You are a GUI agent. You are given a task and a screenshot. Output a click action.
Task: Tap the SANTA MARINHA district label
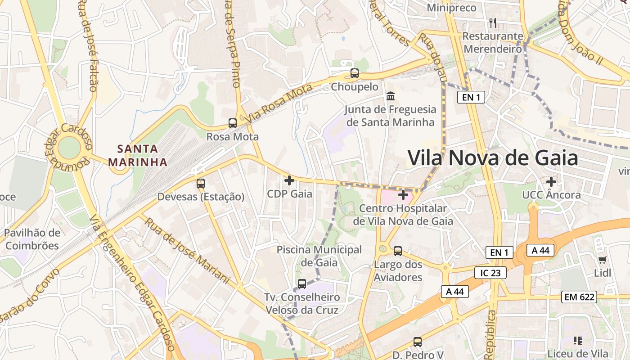pyautogui.click(x=138, y=155)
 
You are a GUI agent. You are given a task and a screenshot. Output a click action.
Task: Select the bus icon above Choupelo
pyautogui.click(x=355, y=73)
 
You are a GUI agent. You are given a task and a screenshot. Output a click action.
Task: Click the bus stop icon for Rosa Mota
pyautogui.click(x=233, y=123)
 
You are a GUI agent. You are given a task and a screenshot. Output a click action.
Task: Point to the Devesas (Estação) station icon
pyautogui.click(x=201, y=183)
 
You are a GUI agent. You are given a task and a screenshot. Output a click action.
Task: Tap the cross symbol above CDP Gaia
pyautogui.click(x=289, y=180)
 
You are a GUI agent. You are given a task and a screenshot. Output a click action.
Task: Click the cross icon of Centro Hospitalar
pyautogui.click(x=403, y=195)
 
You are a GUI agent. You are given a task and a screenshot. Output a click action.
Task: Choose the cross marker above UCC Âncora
pyautogui.click(x=551, y=182)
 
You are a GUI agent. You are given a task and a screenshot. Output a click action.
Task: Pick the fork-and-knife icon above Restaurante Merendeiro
pyautogui.click(x=493, y=22)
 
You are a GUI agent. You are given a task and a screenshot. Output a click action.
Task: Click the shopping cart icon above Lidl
pyautogui.click(x=603, y=260)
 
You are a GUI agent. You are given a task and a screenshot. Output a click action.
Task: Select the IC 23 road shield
pyautogui.click(x=490, y=272)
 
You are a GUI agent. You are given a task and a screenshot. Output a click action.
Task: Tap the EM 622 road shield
pyautogui.click(x=580, y=297)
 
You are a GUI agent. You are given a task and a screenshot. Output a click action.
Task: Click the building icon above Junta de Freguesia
pyautogui.click(x=391, y=96)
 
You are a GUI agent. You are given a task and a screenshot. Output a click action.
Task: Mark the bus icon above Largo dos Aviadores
pyautogui.click(x=398, y=251)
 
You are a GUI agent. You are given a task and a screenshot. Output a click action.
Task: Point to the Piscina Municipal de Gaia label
pyautogui.click(x=319, y=256)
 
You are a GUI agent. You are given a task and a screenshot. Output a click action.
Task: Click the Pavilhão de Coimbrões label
pyautogui.click(x=32, y=239)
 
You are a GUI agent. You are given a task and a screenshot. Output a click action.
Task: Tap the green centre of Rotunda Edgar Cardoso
pyautogui.click(x=69, y=148)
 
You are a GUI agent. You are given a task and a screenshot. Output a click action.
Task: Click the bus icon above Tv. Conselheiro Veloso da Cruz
pyautogui.click(x=302, y=284)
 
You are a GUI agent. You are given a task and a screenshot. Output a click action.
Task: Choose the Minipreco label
pyautogui.click(x=451, y=8)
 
